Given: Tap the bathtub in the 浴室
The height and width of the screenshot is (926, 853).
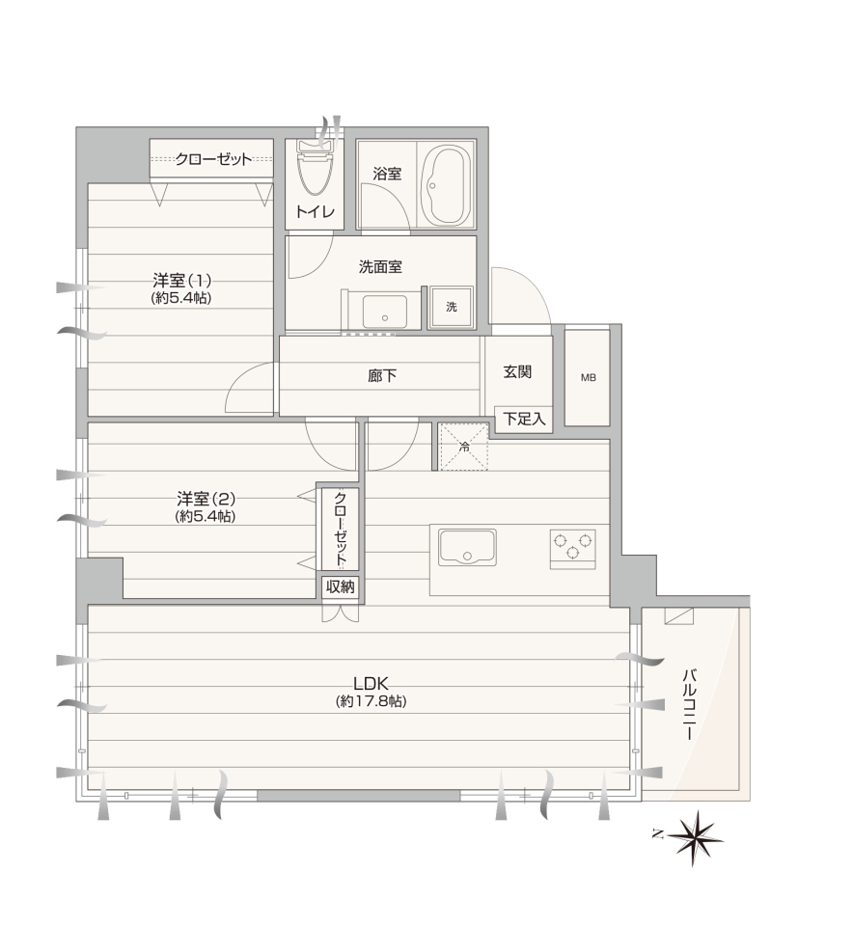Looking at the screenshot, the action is tap(447, 184).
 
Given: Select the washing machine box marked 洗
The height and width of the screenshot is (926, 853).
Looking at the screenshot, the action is tap(452, 307).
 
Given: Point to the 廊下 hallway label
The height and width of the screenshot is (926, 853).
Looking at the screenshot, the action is tap(381, 375).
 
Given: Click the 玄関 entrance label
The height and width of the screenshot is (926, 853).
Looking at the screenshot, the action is tap(517, 371).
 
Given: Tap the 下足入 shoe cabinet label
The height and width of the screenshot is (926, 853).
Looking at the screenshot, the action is tap(524, 419).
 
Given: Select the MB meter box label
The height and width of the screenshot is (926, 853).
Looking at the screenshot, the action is tap(588, 378).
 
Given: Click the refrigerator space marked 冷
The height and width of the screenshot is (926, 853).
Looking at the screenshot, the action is tap(464, 447).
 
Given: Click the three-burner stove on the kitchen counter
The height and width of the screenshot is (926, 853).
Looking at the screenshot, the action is tap(572, 549).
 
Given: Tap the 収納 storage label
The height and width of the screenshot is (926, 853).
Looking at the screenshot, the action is tap(341, 586).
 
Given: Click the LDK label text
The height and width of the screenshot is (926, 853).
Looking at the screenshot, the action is tap(371, 684).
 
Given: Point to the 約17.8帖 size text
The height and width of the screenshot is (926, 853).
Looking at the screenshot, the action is tap(371, 701).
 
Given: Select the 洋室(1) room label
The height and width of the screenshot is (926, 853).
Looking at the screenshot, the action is tap(182, 280).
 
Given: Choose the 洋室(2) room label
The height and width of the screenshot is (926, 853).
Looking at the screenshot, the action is tap(206, 499).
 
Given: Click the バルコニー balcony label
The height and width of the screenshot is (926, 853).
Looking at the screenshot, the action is tap(689, 704).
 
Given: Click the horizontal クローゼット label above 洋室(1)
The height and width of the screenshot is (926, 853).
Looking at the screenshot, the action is tap(213, 159).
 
